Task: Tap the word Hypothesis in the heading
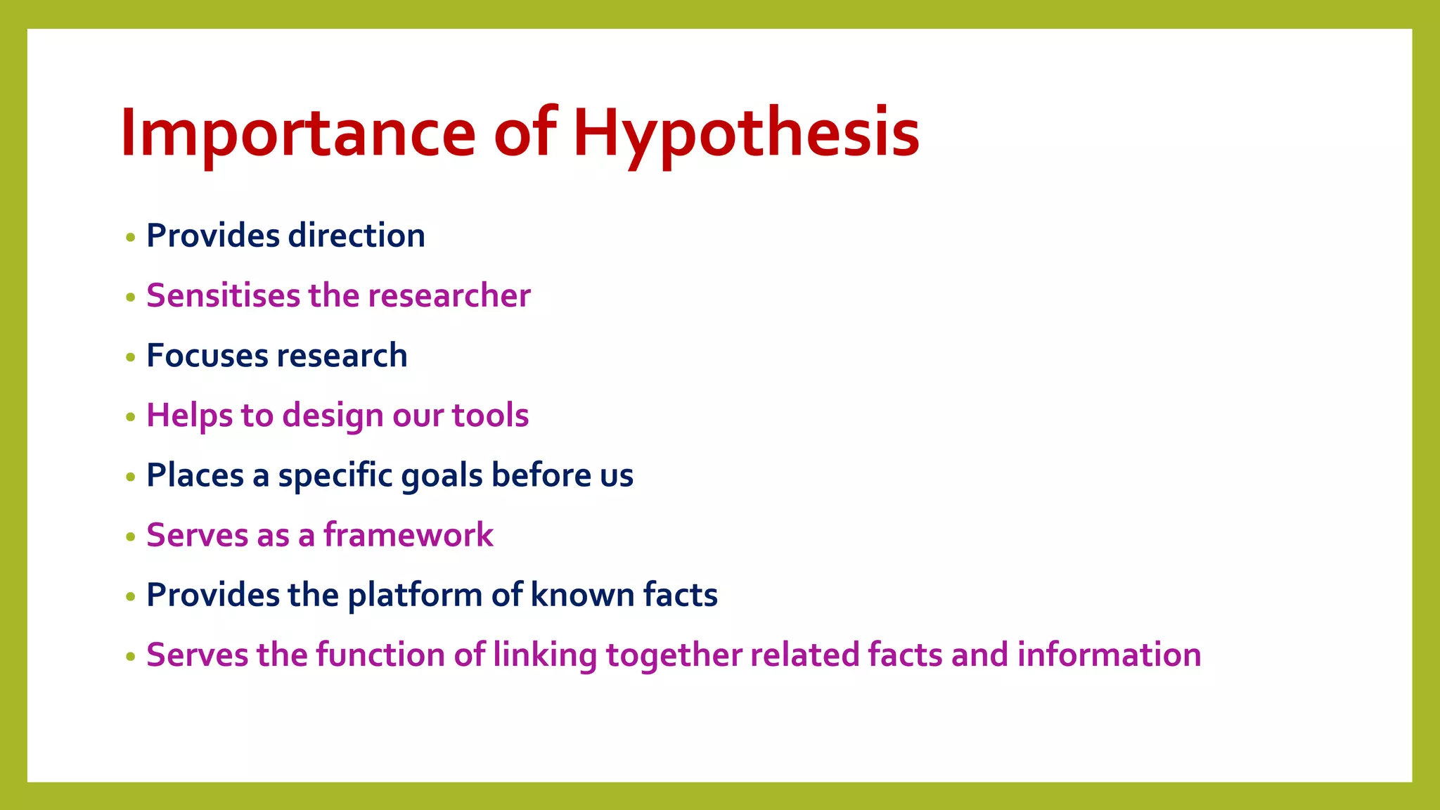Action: (x=746, y=134)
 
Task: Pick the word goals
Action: (x=442, y=476)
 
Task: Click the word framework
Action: (x=408, y=535)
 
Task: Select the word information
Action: (x=1109, y=655)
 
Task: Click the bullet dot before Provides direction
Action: (x=130, y=238)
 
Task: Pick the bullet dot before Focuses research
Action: (x=130, y=357)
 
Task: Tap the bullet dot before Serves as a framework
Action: (x=130, y=537)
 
